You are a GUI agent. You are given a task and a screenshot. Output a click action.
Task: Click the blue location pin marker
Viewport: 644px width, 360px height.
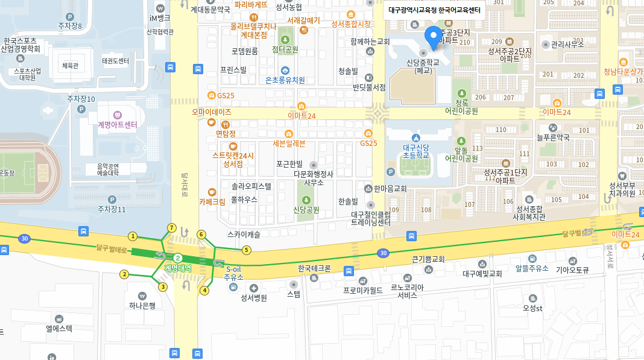pyautogui.click(x=433, y=37)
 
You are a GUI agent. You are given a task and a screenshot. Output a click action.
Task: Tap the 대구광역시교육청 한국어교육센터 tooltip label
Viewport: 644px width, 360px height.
pyautogui.click(x=434, y=10)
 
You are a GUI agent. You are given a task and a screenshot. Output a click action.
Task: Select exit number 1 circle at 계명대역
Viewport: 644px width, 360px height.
pyautogui.click(x=133, y=236)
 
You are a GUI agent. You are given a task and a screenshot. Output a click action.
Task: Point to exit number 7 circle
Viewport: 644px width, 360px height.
pyautogui.click(x=172, y=228)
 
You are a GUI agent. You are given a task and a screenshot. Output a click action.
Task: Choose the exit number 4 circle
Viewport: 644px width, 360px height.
pyautogui.click(x=204, y=290)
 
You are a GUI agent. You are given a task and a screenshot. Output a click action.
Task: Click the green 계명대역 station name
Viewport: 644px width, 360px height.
pyautogui.click(x=177, y=267)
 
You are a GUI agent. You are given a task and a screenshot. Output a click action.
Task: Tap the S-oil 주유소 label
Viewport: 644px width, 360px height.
pyautogui.click(x=233, y=273)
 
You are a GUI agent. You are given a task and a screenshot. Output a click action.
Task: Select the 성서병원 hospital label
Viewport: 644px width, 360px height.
pyautogui.click(x=254, y=297)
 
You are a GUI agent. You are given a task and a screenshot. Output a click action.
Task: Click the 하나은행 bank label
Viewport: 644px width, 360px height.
pyautogui.click(x=142, y=305)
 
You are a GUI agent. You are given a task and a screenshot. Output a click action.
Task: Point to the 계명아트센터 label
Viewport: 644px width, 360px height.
pyautogui.click(x=117, y=124)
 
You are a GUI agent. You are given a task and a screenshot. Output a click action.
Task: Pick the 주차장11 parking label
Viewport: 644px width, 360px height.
pyautogui.click(x=112, y=209)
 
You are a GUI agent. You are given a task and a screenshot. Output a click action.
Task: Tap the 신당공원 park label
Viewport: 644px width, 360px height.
pyautogui.click(x=306, y=210)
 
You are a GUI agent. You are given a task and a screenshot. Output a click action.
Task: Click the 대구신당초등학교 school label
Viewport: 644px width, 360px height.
pyautogui.click(x=416, y=151)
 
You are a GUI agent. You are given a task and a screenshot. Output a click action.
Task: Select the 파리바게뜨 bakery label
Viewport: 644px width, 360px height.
pyautogui.click(x=251, y=4)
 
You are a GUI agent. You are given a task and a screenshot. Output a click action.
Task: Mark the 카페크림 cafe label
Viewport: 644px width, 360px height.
pyautogui.click(x=212, y=202)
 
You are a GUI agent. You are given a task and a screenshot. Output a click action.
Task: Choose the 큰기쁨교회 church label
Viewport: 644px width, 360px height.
pyautogui.click(x=428, y=259)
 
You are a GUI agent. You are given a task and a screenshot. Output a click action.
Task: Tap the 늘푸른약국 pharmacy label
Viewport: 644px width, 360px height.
pyautogui.click(x=553, y=137)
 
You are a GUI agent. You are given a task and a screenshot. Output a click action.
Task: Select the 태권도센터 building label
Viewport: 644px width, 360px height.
pyautogui.click(x=115, y=61)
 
